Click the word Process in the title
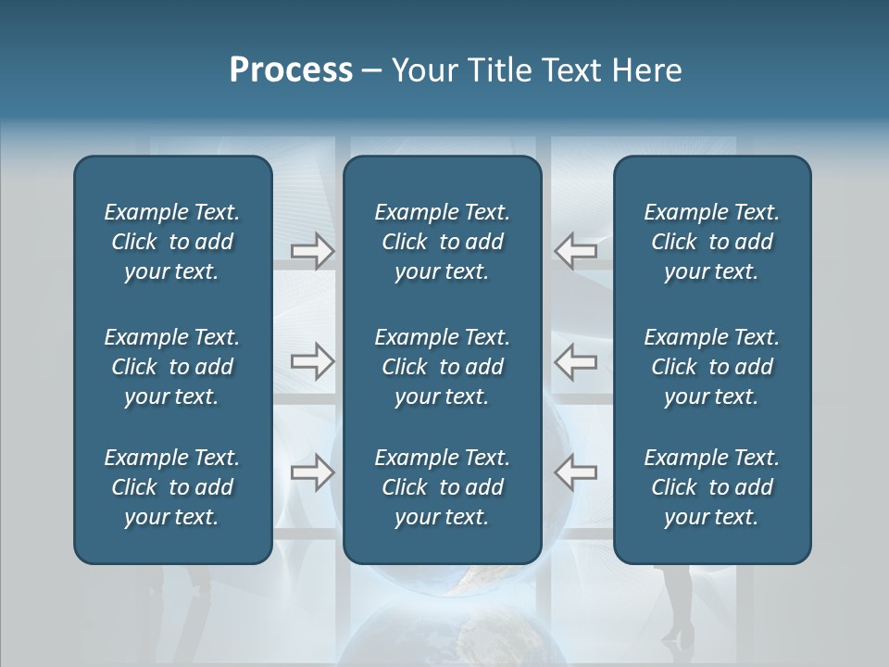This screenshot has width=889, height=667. [291, 70]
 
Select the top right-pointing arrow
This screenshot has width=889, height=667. [312, 251]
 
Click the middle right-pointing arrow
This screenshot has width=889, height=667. [312, 361]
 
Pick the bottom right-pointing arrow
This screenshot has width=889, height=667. [312, 472]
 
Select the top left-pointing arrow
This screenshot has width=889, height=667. [575, 251]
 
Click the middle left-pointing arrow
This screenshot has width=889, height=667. [575, 361]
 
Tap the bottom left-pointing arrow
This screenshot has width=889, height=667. [575, 472]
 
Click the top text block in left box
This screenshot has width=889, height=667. [172, 242]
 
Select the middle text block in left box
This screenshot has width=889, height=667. [172, 367]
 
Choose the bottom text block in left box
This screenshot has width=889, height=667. [172, 487]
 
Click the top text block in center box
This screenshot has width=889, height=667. [442, 242]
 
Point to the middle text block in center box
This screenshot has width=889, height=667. [442, 367]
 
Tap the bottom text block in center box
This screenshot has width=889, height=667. [442, 487]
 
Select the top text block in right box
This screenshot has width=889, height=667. [711, 242]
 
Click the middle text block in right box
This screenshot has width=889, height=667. [711, 367]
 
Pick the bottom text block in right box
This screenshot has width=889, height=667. [711, 487]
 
